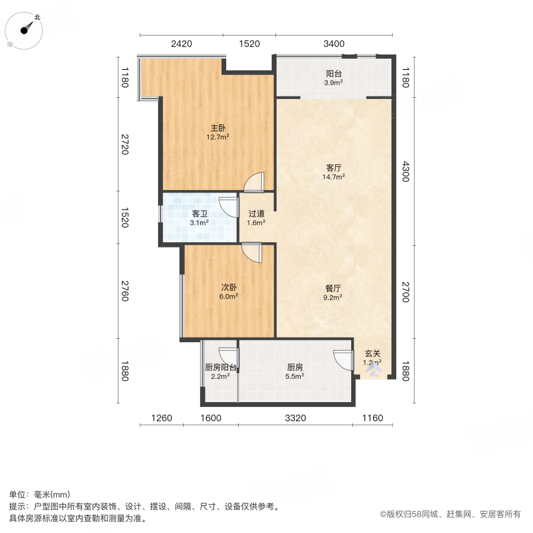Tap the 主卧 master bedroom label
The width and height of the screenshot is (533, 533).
coord(217,132)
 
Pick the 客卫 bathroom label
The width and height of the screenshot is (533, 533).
coord(199,218)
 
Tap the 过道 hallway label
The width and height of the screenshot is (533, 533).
coord(256,218)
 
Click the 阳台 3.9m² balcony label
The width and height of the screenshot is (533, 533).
coord(334,78)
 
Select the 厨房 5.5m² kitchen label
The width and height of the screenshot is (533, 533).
coord(295,371)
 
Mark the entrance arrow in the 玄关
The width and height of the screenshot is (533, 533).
coord(373,371)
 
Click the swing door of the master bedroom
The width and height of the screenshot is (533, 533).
coord(255,182)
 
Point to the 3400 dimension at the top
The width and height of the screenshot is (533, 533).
coord(333,43)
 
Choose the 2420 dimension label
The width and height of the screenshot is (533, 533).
coord(181,43)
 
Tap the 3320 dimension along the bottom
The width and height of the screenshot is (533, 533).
coord(295,418)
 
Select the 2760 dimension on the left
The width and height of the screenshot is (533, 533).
coord(124,290)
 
